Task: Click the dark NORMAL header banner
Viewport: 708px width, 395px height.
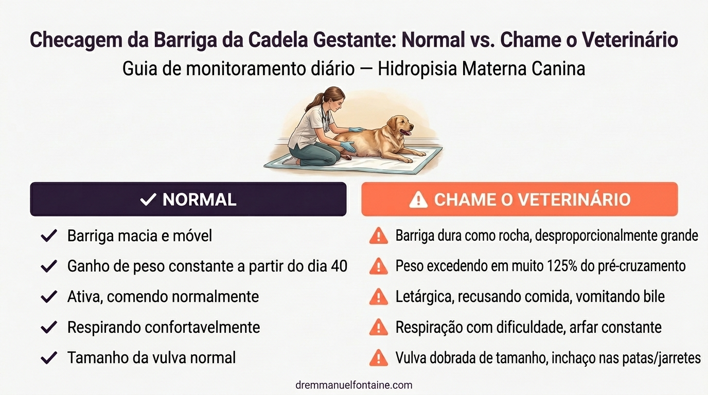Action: tap(188, 199)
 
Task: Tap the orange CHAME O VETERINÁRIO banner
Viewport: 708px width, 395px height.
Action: tap(520, 199)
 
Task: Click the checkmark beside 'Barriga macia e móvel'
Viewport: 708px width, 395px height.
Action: tap(49, 236)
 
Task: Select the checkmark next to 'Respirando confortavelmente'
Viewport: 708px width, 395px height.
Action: tap(49, 327)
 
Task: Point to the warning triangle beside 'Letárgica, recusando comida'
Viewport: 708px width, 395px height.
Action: tap(379, 297)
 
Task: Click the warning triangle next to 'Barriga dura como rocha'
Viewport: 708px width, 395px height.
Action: tap(379, 236)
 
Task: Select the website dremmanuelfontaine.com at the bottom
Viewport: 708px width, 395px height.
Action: tap(354, 385)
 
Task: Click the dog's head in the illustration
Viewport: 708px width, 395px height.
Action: tap(400, 124)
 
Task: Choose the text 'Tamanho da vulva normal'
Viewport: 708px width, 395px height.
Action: tap(151, 357)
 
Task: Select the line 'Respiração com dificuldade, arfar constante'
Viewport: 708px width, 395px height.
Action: tap(528, 327)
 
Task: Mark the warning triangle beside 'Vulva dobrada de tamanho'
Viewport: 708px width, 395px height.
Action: tap(379, 357)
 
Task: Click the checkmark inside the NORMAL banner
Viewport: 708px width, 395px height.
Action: tap(148, 200)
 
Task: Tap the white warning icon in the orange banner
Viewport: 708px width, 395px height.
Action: tap(418, 200)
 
